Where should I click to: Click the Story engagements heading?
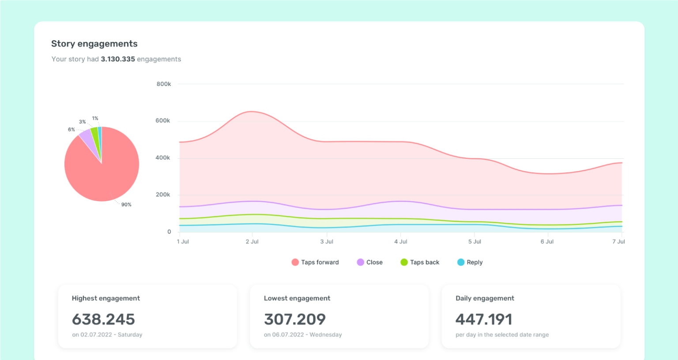[94, 44]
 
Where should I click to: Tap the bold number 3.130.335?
[118, 59]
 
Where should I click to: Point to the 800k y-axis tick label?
[163, 84]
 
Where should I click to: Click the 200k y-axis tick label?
[162, 195]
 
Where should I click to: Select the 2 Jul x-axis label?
[252, 241]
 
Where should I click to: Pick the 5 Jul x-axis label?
[475, 241]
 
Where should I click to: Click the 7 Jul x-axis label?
[618, 241]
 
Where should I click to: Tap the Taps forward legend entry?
[315, 262]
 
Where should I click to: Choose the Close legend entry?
[370, 262]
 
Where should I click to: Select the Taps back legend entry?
[420, 262]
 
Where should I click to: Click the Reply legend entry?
[470, 262]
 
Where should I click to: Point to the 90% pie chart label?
[126, 205]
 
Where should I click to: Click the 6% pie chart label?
[71, 130]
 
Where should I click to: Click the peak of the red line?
[251, 112]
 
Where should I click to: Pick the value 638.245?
[103, 319]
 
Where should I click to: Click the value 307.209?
[295, 319]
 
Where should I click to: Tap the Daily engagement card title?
[485, 298]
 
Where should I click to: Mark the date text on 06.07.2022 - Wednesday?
[303, 335]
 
